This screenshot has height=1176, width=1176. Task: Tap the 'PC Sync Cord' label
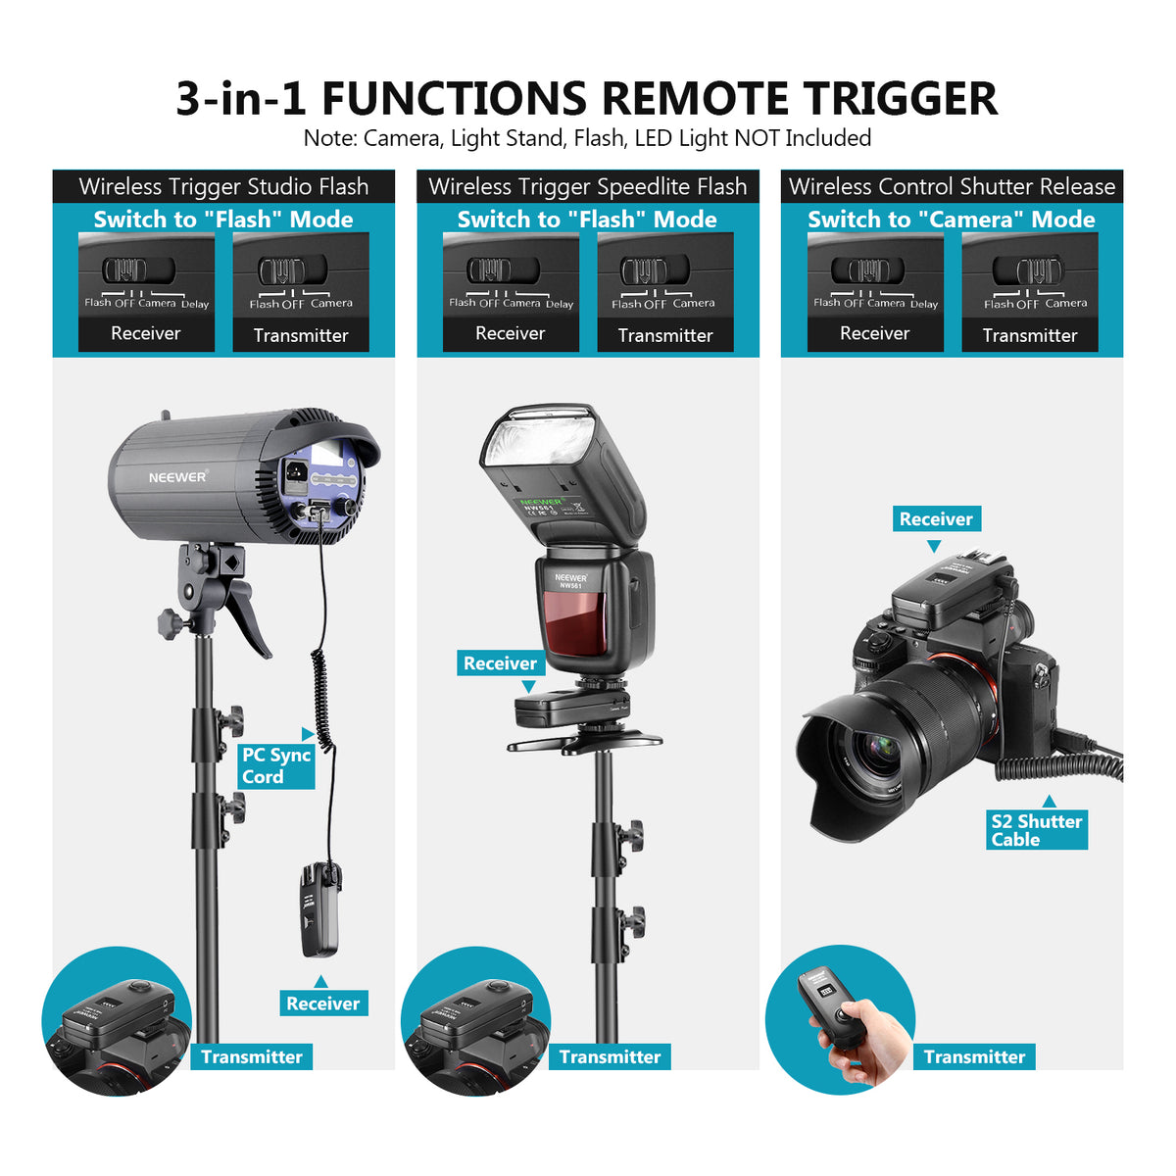276,765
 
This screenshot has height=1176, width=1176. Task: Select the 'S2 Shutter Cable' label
1037,830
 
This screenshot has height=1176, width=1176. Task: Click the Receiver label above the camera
936,519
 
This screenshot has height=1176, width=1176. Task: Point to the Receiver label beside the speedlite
500,663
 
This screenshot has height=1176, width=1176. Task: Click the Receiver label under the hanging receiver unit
322,1003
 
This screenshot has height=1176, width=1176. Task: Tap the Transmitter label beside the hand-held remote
974,1056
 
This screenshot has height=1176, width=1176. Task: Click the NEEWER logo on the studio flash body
177,477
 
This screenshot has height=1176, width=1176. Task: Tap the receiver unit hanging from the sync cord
319,909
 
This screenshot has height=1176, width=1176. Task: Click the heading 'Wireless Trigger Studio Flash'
223,186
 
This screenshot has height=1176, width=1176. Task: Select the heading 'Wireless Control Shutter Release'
952,186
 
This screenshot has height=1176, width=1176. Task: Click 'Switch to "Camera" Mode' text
951,220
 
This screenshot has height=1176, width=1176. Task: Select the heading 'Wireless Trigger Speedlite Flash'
587,186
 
